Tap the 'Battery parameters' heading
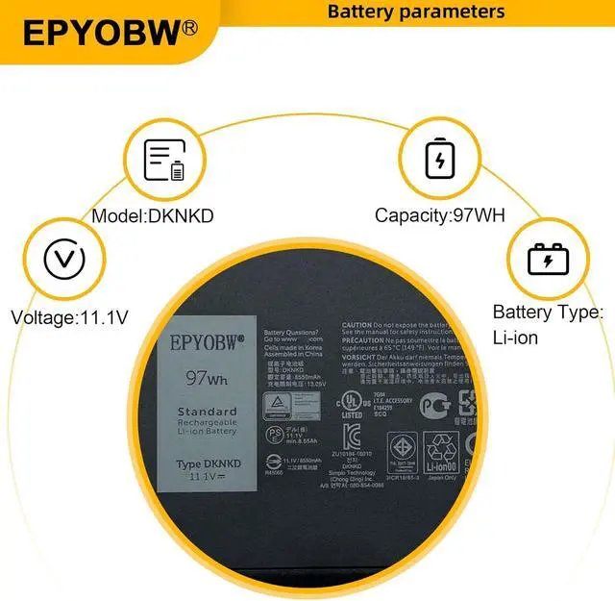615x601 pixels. tap(415, 12)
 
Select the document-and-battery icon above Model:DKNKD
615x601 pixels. tap(163, 160)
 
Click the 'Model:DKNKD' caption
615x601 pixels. tap(153, 215)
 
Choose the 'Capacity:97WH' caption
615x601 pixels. tap(438, 215)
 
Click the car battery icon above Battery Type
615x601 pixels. tap(547, 258)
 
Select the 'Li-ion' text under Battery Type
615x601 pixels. tap(516, 338)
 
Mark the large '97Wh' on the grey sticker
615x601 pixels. tap(207, 378)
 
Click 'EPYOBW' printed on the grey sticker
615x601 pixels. tap(207, 341)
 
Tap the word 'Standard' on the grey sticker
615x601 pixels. tap(207, 412)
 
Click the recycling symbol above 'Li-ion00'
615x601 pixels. tap(444, 448)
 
